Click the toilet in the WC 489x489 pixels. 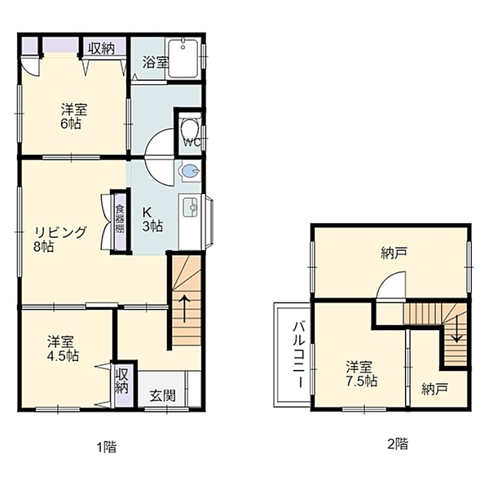point(190,127)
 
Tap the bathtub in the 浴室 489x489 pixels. point(183,59)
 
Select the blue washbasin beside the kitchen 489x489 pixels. point(189,171)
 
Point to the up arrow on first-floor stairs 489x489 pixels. point(184,309)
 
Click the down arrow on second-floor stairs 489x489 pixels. point(457,328)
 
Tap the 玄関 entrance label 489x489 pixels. point(163,395)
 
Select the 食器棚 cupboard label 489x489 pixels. point(120,218)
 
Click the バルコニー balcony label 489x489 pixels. point(299,355)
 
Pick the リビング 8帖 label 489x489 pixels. point(59,239)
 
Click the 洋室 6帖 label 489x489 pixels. point(74,117)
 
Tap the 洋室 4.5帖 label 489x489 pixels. point(63,348)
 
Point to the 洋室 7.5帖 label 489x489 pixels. point(361,373)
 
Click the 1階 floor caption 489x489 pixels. point(106,447)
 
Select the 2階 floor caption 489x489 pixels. point(398,443)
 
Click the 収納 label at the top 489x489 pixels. point(101,48)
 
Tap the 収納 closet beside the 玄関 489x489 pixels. point(122,385)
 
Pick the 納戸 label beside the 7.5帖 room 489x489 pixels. point(435,389)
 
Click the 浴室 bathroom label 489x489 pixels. point(156,62)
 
